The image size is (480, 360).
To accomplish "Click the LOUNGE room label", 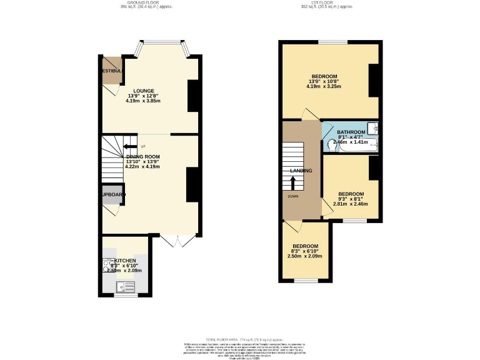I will [143, 91].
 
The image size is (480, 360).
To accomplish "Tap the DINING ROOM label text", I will [143, 157].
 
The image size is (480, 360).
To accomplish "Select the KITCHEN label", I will [125, 260].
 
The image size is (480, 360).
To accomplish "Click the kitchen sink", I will [126, 287].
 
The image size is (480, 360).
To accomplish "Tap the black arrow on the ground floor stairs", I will [129, 147].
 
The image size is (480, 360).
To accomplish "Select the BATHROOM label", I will [351, 132].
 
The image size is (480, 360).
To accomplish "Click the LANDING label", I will [301, 171].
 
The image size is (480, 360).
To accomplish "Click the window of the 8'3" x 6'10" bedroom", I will [306, 281].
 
